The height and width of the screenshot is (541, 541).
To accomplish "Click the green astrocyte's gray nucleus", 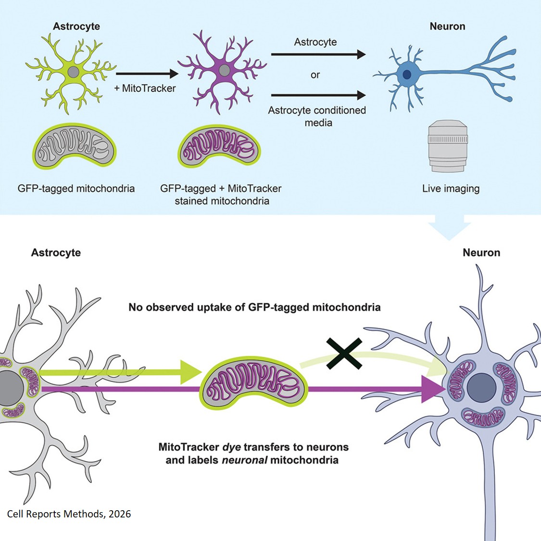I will click(73, 72).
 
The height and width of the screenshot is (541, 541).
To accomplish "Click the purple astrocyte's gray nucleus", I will click(224, 71).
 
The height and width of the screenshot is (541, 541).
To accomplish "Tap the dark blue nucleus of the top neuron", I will click(407, 75).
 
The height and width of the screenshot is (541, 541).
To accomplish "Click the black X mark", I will click(344, 353).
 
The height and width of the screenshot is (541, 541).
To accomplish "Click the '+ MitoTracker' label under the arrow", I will click(145, 88).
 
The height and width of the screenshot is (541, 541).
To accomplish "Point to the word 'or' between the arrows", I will click(315, 75).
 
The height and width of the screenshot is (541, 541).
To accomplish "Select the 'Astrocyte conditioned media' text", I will click(317, 116).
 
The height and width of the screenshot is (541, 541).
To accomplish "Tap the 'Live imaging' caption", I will click(451, 189).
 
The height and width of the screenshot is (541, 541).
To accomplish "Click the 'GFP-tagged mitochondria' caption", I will click(76, 189).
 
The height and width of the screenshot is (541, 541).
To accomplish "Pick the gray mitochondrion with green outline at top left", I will click(75, 146).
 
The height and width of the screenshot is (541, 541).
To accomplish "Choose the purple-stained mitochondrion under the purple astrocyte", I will click(220, 146).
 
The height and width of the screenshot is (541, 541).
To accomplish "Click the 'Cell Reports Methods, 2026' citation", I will click(69, 514).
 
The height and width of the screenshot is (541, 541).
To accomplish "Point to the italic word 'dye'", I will click(231, 447).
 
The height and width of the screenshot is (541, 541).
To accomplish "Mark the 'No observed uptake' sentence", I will click(254, 307).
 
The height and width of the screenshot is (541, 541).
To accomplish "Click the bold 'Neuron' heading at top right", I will click(447, 26).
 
